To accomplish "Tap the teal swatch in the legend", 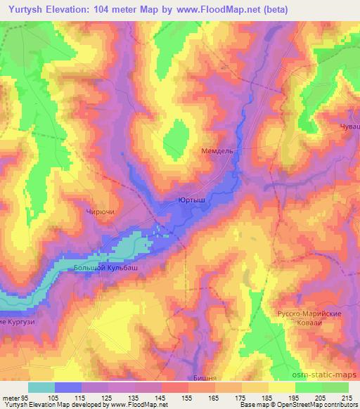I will (41, 387).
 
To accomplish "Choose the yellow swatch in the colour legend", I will (281, 387).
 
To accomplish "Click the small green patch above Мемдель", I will (171, 144).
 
